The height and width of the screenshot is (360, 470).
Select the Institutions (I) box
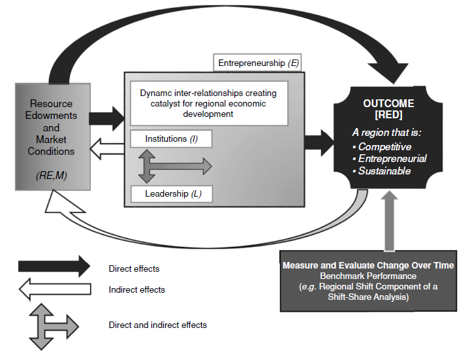click(x=171, y=139)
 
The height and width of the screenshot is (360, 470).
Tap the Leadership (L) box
click(x=171, y=194)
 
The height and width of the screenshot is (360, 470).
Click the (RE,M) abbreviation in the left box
click(x=51, y=175)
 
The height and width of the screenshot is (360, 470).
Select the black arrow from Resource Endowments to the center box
click(x=106, y=118)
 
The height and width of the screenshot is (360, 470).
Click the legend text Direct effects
click(x=134, y=269)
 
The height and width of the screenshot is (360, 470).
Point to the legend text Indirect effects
click(x=136, y=289)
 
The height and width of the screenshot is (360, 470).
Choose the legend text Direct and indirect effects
click(x=157, y=325)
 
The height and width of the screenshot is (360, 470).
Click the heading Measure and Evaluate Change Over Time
click(x=368, y=266)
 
